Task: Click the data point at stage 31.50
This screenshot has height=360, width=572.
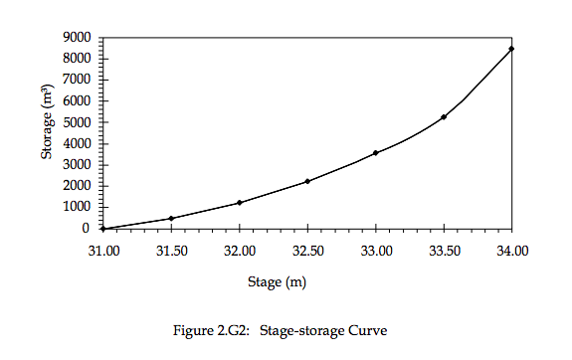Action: click(x=171, y=219)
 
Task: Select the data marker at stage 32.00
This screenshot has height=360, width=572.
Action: click(x=240, y=203)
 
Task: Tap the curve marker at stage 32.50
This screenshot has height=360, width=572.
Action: click(x=307, y=181)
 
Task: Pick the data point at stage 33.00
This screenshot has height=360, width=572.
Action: click(x=375, y=153)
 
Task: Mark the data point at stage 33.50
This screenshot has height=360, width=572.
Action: click(x=444, y=116)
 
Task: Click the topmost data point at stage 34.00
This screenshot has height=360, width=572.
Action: click(x=511, y=49)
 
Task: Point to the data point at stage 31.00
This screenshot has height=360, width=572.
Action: click(x=103, y=229)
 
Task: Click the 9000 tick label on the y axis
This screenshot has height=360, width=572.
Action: click(x=78, y=38)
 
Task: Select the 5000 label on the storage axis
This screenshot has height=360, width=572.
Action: click(x=78, y=122)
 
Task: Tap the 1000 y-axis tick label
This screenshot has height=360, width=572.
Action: click(x=78, y=207)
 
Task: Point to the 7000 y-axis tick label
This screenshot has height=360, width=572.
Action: click(x=78, y=80)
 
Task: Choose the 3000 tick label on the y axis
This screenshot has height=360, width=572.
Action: click(x=78, y=165)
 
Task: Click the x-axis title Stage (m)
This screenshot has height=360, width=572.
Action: click(x=278, y=282)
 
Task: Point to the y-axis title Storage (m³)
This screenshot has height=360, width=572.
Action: click(x=47, y=122)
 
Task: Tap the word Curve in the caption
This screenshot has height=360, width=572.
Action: click(x=367, y=330)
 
